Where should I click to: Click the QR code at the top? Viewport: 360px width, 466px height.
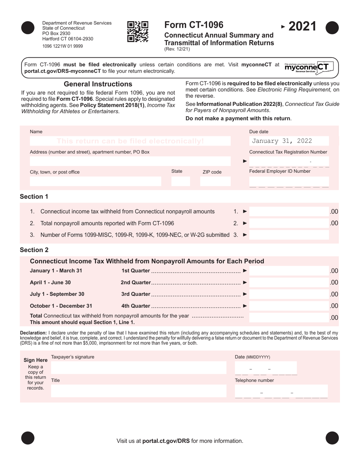[137, 31]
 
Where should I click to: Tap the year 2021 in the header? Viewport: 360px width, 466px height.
[302, 27]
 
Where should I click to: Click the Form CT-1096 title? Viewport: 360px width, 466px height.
[194, 25]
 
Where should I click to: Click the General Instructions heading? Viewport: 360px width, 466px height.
[98, 84]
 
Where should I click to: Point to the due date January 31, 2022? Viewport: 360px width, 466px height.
[282, 141]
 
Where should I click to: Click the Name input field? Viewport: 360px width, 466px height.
[130, 141]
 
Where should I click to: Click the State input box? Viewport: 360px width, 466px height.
[180, 181]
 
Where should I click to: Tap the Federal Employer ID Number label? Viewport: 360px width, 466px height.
[280, 171]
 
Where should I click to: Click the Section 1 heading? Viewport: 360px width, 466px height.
[34, 196]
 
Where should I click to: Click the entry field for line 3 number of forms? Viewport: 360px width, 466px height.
[294, 235]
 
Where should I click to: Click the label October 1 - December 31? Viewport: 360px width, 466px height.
[61, 306]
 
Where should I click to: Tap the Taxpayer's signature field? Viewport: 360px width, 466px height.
[138, 367]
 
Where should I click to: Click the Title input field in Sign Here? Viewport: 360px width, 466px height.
[138, 391]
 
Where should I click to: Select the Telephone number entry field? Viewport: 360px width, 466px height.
[281, 391]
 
